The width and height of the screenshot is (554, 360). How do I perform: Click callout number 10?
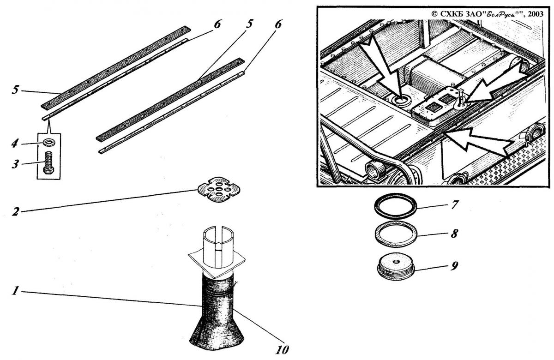282,349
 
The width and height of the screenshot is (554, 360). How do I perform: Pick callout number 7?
454,204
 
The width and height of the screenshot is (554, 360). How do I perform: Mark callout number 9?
454,266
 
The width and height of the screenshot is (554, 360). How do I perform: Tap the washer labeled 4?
48,142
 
